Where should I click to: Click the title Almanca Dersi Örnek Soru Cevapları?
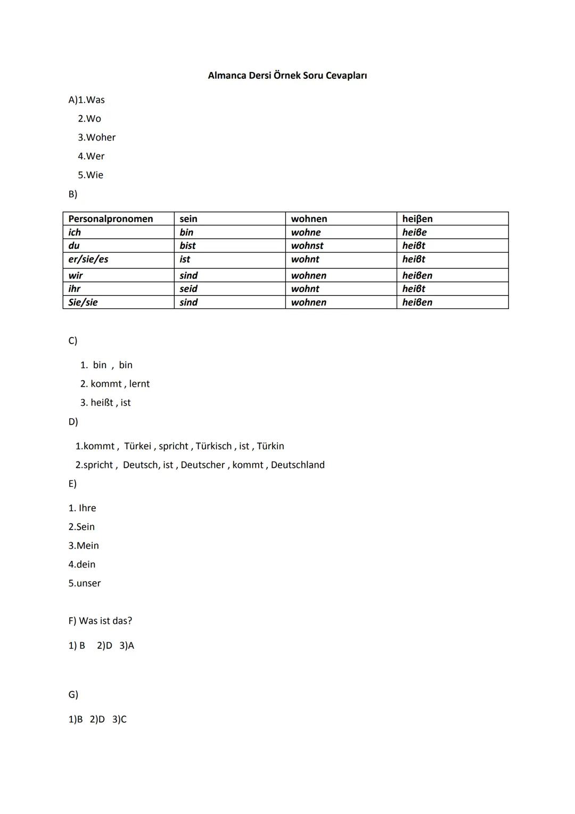pos(287,76)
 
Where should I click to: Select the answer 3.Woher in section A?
pos(96,137)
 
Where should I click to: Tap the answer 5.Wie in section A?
pos(91,175)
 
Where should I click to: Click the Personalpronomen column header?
pos(111,219)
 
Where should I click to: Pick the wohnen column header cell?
pos(309,219)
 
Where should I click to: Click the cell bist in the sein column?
pos(187,246)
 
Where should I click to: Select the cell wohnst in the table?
pos(307,246)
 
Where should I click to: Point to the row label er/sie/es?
pos(88,259)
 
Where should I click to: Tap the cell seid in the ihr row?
pos(188,289)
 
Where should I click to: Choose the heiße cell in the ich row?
pos(414,232)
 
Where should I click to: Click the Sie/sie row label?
pos(83,303)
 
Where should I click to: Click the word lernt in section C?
pos(139,384)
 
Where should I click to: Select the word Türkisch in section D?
pos(213,446)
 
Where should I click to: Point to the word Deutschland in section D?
pos(298,465)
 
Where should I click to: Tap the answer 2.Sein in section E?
pos(81,527)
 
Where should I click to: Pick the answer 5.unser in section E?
pos(84,583)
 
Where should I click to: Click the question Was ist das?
pos(105,621)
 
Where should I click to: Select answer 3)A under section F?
pos(127,646)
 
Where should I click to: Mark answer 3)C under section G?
pos(119,720)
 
